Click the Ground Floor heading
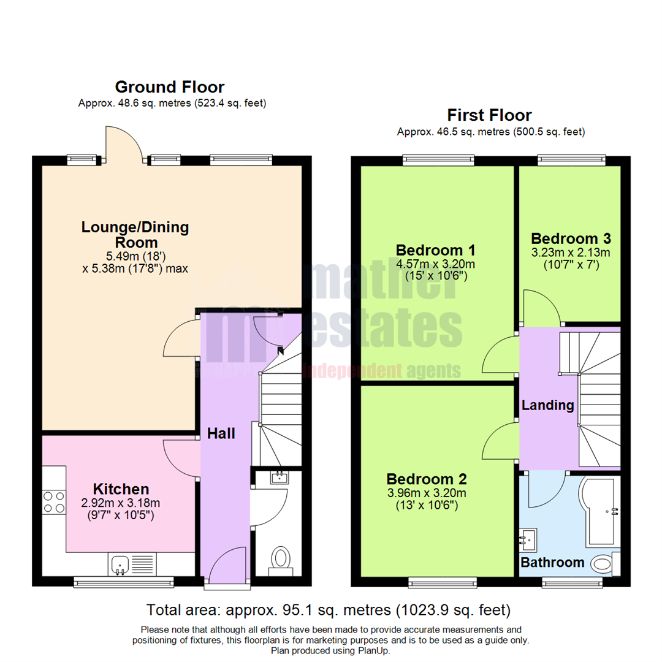point(169,87)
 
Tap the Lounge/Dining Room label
point(135,235)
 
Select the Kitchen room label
point(121,489)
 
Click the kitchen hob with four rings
point(53,503)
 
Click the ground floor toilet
point(281,560)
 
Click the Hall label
point(221,433)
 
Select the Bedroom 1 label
point(436,250)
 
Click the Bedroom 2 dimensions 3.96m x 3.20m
point(427,493)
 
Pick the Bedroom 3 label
point(571,238)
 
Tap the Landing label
point(547,405)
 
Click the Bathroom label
point(552,562)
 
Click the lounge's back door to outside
point(125,145)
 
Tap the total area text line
point(329,610)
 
